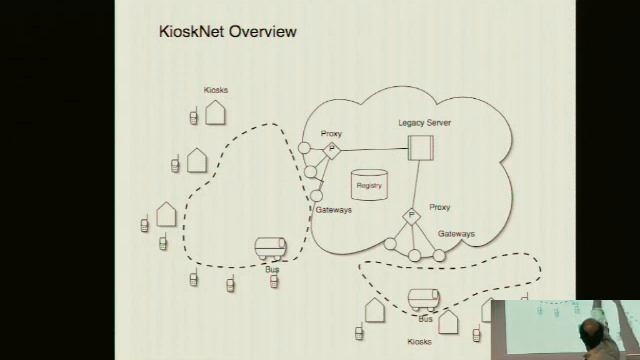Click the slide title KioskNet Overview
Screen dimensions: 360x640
(x=228, y=33)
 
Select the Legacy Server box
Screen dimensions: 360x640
(x=419, y=148)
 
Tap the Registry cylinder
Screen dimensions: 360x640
(x=369, y=185)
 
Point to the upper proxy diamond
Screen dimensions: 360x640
(x=332, y=149)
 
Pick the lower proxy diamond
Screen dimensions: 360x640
(x=410, y=215)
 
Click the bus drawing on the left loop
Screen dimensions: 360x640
(x=271, y=248)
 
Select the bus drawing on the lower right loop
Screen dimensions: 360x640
(x=424, y=299)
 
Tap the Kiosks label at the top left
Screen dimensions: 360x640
(x=215, y=90)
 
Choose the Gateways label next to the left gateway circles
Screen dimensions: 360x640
(x=333, y=210)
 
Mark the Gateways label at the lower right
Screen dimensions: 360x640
(x=456, y=233)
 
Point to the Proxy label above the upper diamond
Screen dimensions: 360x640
(x=332, y=133)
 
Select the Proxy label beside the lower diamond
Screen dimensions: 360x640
(x=439, y=207)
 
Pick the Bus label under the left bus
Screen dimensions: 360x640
(x=271, y=268)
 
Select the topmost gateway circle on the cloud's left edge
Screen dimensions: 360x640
(x=305, y=149)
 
